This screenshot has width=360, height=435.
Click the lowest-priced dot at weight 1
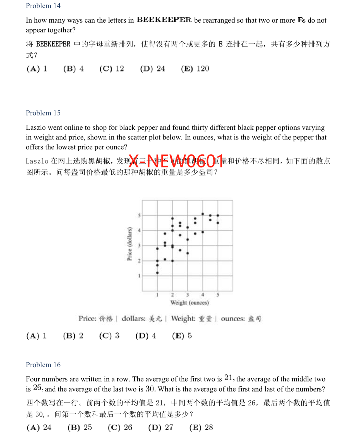click(157, 273)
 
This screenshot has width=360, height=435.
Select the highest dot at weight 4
click(203, 214)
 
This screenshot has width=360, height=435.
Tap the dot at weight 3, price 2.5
click(188, 253)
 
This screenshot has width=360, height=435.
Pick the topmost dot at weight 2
click(172, 219)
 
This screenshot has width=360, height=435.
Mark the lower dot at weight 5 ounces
click(218, 223)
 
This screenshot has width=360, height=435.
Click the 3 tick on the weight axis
click(187, 295)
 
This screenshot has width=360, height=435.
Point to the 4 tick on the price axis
click(139, 231)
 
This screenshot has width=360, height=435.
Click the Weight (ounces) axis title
click(189, 303)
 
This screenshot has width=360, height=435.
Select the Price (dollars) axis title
click(130, 244)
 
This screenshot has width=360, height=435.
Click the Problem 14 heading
click(43, 6)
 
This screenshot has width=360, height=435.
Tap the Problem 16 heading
click(43, 365)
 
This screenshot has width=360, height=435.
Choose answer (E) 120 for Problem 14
click(195, 69)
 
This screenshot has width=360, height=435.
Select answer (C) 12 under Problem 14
click(112, 69)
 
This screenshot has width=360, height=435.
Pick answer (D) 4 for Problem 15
click(146, 336)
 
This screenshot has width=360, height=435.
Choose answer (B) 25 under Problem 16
click(80, 427)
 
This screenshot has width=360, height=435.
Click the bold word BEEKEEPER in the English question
click(164, 20)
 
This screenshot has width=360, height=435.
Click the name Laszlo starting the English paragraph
click(36, 127)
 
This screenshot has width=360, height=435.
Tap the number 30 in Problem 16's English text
click(150, 389)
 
